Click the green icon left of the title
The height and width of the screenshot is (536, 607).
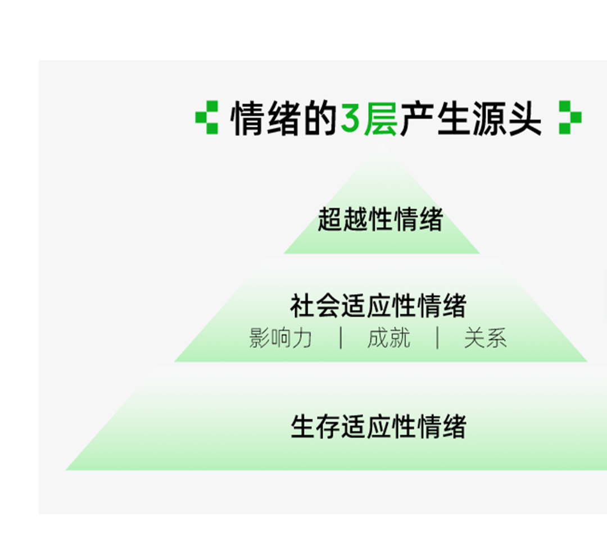[206, 117]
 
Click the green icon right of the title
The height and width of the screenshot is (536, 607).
[570, 117]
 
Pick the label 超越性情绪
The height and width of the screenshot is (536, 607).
[380, 219]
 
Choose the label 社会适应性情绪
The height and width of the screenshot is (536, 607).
[378, 306]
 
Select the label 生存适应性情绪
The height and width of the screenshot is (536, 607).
[378, 427]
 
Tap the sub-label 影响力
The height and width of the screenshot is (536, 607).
[280, 339]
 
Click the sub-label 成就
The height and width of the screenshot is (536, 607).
[388, 339]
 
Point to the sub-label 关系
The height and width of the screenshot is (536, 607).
[485, 339]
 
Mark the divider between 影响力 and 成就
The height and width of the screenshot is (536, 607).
[341, 339]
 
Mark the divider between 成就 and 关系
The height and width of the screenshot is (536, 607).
[437, 339]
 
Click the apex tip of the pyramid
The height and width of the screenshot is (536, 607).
[382, 147]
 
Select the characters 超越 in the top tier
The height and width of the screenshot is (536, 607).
[343, 219]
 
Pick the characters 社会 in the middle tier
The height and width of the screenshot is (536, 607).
[315, 306]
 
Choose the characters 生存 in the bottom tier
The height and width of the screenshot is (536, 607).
[315, 427]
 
